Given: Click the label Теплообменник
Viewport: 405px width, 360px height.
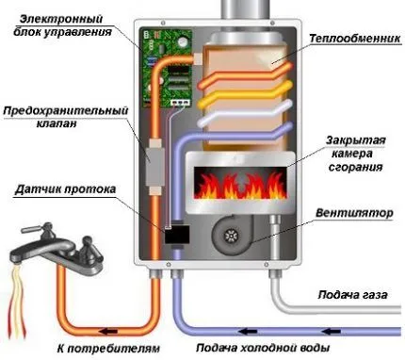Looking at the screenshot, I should click(348, 38).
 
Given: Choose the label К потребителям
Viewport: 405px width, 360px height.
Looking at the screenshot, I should click(105, 346).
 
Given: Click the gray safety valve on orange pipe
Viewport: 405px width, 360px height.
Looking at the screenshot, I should click(151, 171).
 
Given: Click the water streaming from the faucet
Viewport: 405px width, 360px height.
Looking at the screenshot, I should click(16, 293).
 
